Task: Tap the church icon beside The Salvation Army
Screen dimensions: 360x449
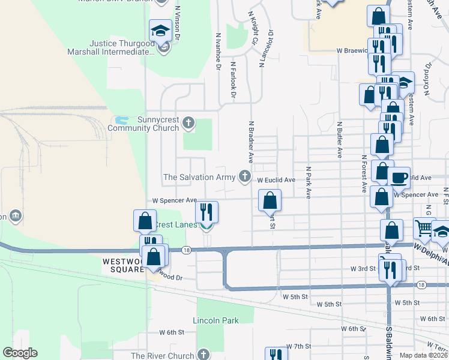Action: point(244,176)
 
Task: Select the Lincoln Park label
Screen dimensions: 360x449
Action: point(215,320)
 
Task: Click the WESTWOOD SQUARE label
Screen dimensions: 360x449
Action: point(124,265)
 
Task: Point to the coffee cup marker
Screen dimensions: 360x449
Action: point(399,177)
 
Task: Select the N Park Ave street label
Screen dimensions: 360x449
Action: point(309,182)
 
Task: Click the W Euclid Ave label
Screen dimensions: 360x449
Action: point(276,180)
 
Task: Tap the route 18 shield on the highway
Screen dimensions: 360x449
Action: point(187,250)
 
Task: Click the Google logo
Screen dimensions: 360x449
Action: point(20,353)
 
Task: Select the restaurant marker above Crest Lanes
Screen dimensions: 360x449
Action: point(206,211)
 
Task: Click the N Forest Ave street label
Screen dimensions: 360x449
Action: point(364,174)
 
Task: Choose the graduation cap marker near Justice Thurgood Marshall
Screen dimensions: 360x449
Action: point(161,30)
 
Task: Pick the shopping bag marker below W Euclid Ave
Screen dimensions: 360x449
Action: point(270,200)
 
